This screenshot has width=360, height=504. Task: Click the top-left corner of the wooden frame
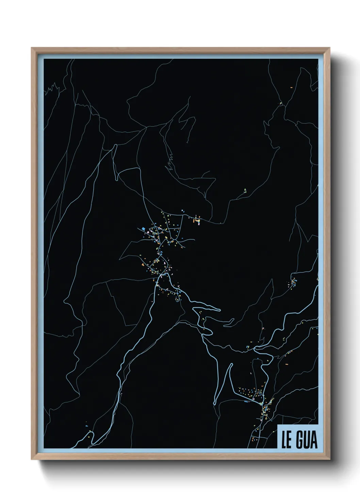(x=32, y=48)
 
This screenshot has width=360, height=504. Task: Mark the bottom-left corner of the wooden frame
(x=32, y=459)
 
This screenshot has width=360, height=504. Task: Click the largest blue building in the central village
(x=144, y=228)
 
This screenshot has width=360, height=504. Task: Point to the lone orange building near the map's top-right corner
(x=291, y=88)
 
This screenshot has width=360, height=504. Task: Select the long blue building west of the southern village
(x=247, y=401)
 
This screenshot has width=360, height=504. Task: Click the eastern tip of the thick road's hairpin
(x=220, y=310)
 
